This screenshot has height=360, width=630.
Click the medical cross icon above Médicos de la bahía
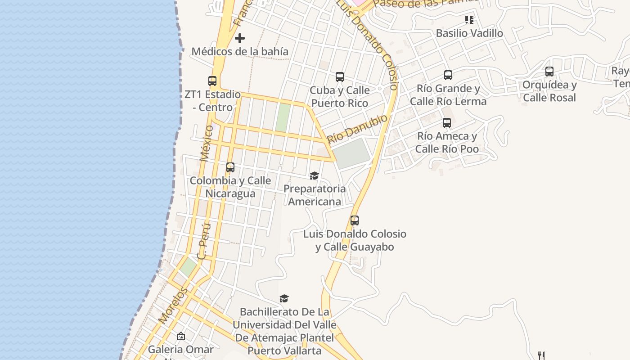[240, 38]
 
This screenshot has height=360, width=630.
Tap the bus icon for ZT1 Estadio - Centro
[212, 81]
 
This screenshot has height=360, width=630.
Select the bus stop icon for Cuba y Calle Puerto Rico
[340, 77]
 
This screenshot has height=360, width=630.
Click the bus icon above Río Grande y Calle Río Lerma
[448, 75]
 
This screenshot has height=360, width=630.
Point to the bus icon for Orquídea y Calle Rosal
[549, 72]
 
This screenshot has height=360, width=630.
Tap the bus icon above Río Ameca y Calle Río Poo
[447, 123]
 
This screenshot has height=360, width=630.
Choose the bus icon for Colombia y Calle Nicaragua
[230, 167]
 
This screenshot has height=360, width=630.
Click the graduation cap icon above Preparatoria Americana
[314, 175]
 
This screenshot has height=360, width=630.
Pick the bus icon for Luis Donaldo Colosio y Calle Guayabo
[355, 220]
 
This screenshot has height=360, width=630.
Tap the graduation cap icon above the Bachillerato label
[284, 298]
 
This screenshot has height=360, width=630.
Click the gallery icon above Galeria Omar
[181, 336]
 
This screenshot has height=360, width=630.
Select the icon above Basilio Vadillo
[469, 20]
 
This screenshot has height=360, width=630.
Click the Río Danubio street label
[357, 129]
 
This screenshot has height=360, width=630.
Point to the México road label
[206, 143]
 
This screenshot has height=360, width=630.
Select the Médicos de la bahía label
[240, 51]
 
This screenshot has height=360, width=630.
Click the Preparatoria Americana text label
[315, 195]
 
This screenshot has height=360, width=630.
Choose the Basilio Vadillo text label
[469, 33]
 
